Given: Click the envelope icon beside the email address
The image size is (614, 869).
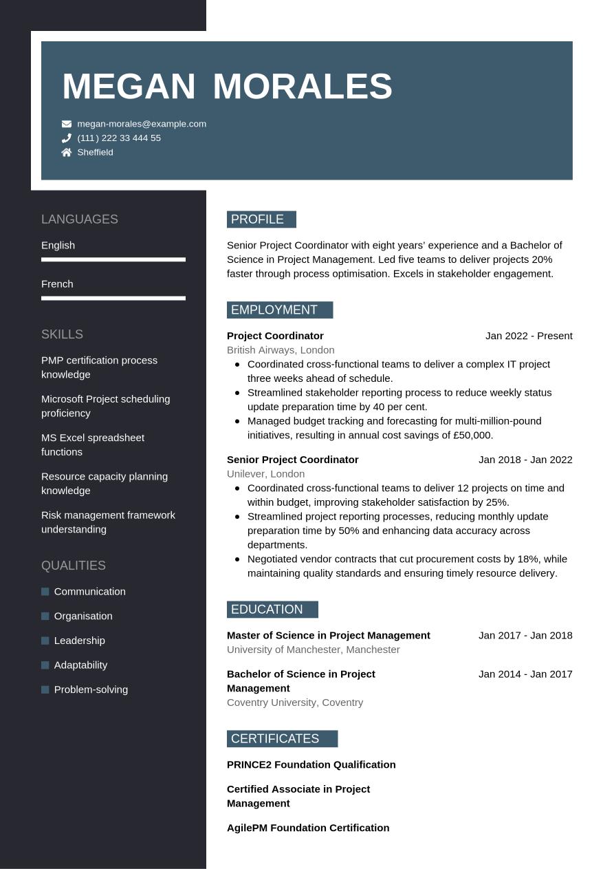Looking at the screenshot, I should click(67, 124).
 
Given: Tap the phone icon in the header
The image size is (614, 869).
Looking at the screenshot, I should click(67, 138).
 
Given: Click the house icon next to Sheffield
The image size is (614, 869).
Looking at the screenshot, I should click(67, 153).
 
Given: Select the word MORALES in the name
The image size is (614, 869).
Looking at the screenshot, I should click(303, 87).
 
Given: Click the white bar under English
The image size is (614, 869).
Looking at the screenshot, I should click(113, 260).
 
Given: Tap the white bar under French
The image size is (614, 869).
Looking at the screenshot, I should click(113, 299).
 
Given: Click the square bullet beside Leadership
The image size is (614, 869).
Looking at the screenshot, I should click(45, 641).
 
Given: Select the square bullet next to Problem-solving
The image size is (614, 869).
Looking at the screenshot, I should click(45, 689).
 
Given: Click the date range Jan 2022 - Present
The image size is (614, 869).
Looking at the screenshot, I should click(529, 336).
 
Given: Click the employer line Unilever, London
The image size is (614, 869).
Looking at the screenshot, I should click(265, 474).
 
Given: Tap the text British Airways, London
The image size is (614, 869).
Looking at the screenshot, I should click(281, 350).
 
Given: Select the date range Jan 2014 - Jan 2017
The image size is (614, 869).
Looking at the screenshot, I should click(525, 674).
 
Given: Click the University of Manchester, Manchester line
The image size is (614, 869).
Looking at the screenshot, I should click(313, 650).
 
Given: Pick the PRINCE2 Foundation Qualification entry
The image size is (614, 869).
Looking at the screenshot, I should click(311, 764).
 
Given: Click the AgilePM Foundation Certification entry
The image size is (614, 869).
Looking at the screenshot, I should click(308, 828).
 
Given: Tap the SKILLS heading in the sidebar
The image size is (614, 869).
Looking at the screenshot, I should click(62, 334).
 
